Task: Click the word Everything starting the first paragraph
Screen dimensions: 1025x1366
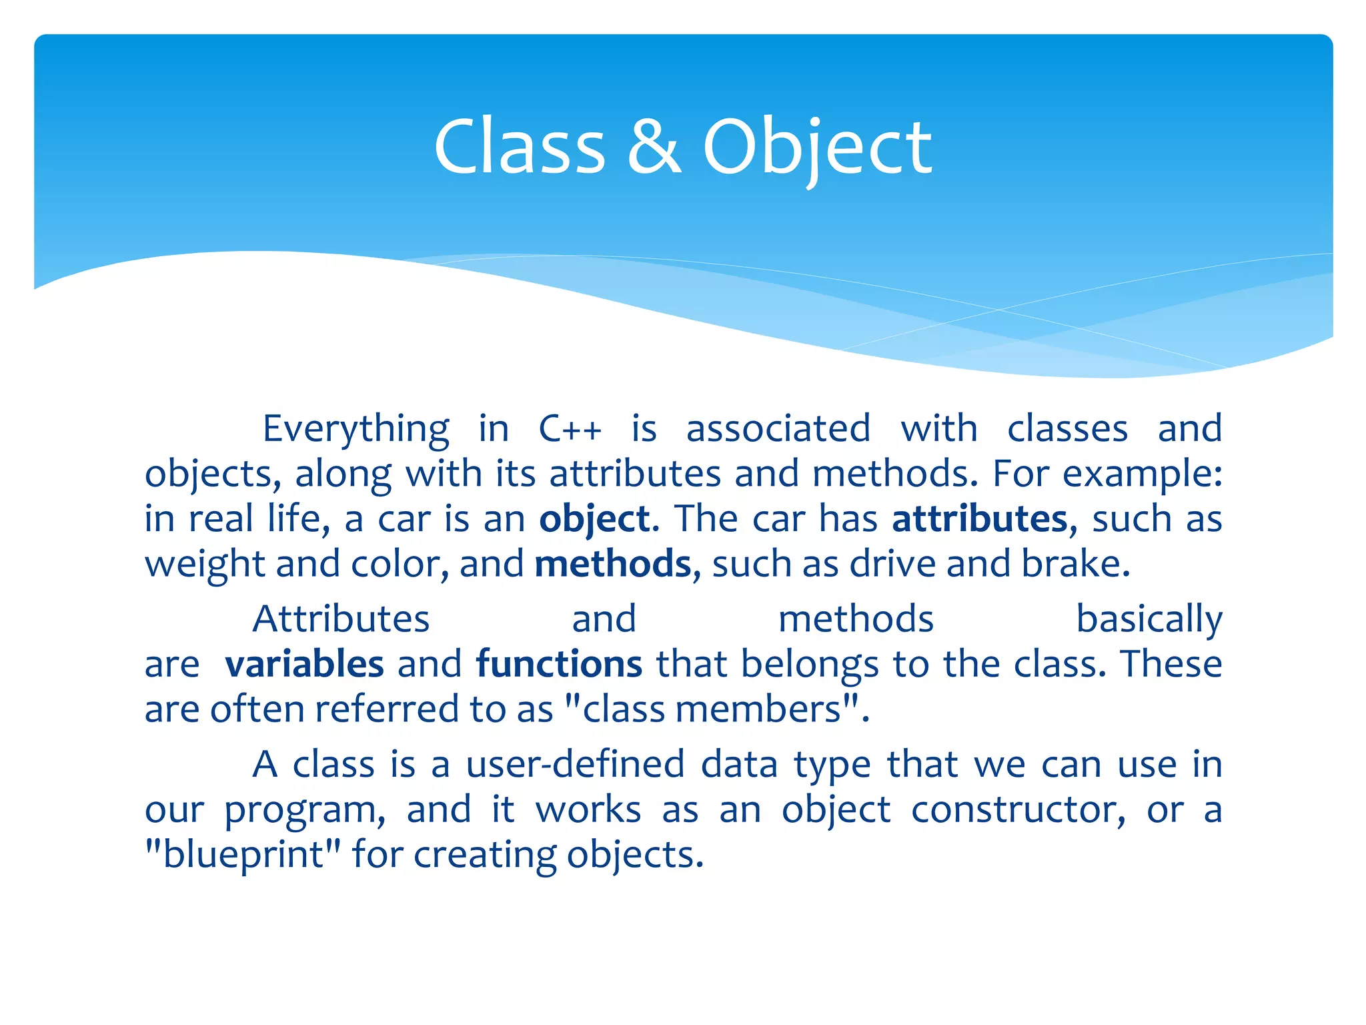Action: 356,428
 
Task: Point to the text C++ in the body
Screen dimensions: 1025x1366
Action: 570,428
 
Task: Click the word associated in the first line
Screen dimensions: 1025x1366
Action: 778,428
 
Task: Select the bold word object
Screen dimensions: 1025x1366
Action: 594,519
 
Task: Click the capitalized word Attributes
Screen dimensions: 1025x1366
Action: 341,619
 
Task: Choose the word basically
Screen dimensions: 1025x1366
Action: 1149,619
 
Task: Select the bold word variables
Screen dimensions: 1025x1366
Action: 304,664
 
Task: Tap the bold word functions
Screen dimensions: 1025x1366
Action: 559,664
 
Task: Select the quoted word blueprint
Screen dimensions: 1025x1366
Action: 243,855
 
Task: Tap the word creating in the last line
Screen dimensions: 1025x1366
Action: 485,855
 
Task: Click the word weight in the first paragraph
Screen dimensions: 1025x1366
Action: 205,565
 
